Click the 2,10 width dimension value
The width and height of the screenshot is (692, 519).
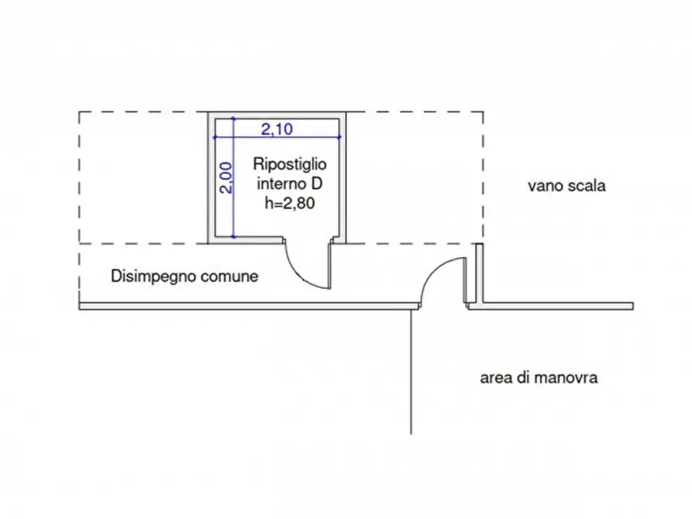(277, 129)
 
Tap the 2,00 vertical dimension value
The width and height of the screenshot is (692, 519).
(224, 178)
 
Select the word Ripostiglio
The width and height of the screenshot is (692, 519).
(290, 165)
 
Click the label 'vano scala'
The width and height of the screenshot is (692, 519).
(566, 186)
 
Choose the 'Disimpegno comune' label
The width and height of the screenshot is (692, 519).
(184, 276)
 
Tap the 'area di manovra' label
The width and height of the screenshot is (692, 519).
(539, 379)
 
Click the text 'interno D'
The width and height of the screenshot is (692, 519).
(289, 184)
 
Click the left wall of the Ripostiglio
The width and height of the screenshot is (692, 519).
(210, 178)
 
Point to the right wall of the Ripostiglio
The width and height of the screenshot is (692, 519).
(343, 178)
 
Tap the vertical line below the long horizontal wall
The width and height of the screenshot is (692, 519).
(411, 372)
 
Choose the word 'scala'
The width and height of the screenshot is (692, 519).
(586, 186)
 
